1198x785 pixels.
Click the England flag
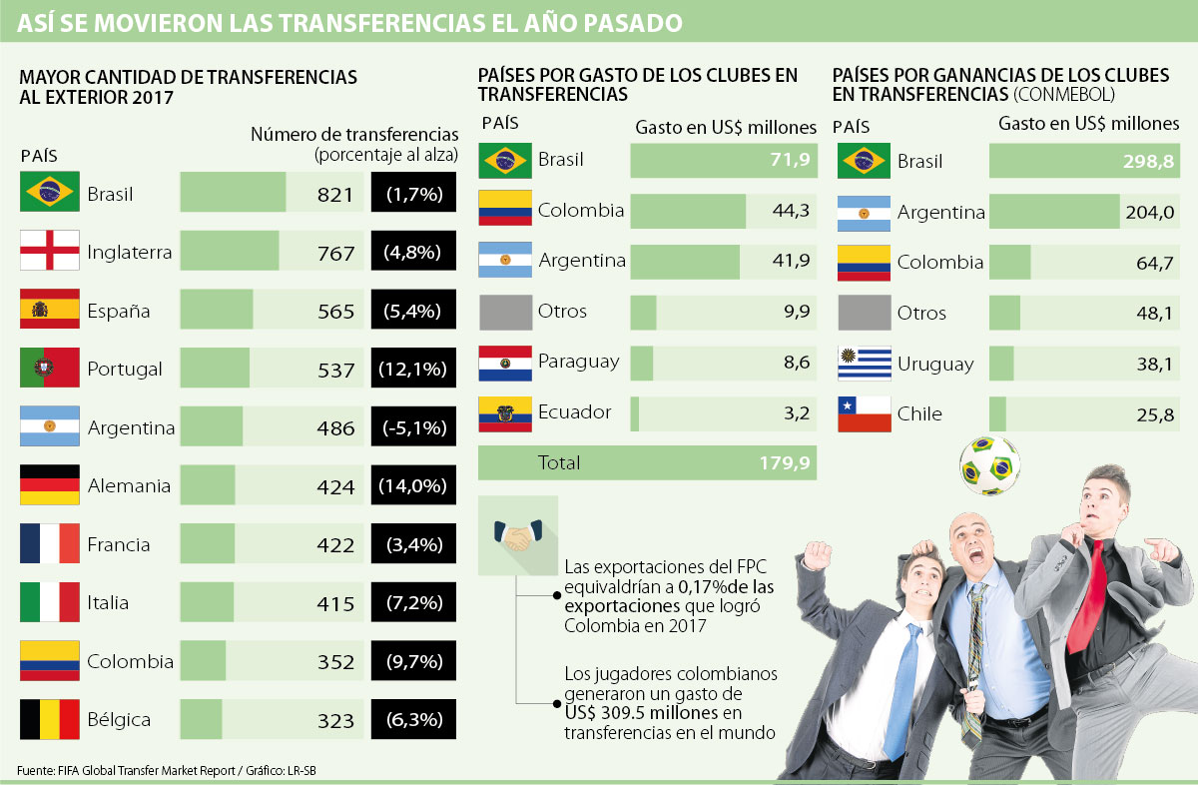click(x=50, y=252)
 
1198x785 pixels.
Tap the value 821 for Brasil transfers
click(x=335, y=195)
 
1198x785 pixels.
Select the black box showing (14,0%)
click(x=411, y=486)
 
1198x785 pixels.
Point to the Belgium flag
click(x=50, y=719)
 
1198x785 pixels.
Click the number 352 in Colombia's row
click(x=335, y=662)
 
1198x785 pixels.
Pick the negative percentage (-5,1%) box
click(x=411, y=428)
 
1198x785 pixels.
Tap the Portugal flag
click(x=50, y=369)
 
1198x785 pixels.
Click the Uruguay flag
click(x=864, y=364)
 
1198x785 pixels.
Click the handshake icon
click(x=516, y=536)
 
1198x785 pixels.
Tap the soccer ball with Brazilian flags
click(x=988, y=466)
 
